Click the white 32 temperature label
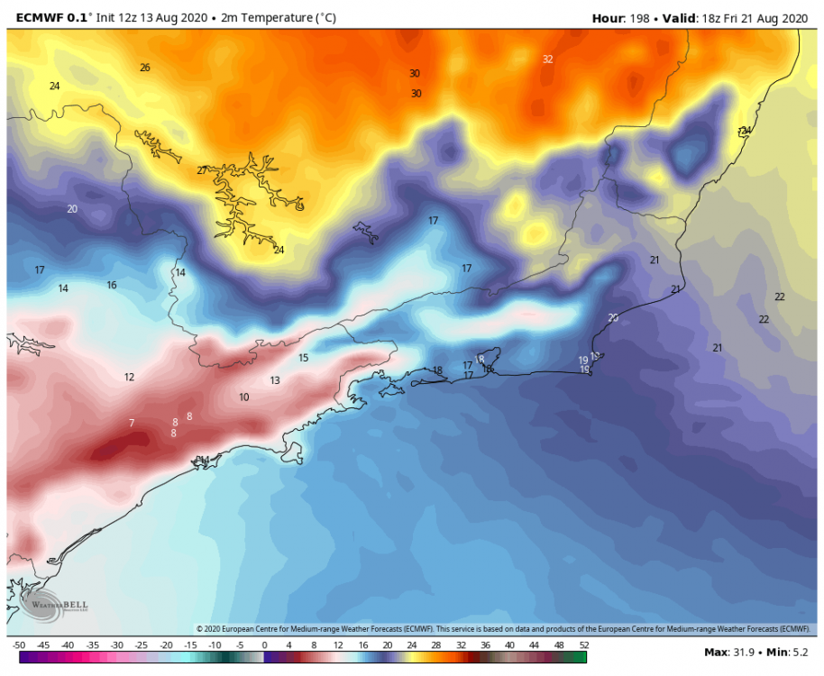[x=547, y=59]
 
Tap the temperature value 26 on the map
[x=145, y=68]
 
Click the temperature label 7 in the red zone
[x=132, y=423]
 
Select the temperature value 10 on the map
[x=244, y=397]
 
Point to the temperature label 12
[x=129, y=377]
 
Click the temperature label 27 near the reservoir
[x=202, y=170]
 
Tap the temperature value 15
[x=304, y=358]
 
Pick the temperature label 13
[x=275, y=380]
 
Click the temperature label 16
[x=112, y=285]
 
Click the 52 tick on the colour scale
[x=584, y=645]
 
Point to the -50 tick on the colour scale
[x=18, y=645]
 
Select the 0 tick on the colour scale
[x=264, y=645]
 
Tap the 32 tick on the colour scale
[x=461, y=645]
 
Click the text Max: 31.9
[x=728, y=651]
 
